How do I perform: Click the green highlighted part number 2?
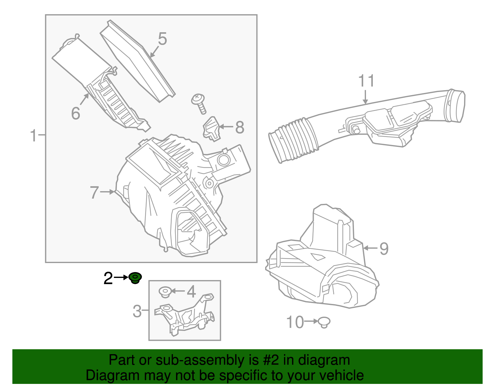pyautogui.click(x=135, y=278)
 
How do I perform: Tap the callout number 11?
pyautogui.click(x=366, y=81)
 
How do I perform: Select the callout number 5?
pyautogui.click(x=162, y=39)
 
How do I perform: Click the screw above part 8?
pyautogui.click(x=199, y=103)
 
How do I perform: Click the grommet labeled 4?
pyautogui.click(x=165, y=292)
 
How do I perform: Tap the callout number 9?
pyautogui.click(x=384, y=248)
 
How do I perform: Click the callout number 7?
pyautogui.click(x=94, y=192)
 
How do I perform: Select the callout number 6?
pyautogui.click(x=75, y=113)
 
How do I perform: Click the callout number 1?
pyautogui.click(x=34, y=135)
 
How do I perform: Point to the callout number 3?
pyautogui.click(x=137, y=311)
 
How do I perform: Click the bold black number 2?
pyautogui.click(x=108, y=278)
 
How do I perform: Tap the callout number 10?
pyautogui.click(x=295, y=322)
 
